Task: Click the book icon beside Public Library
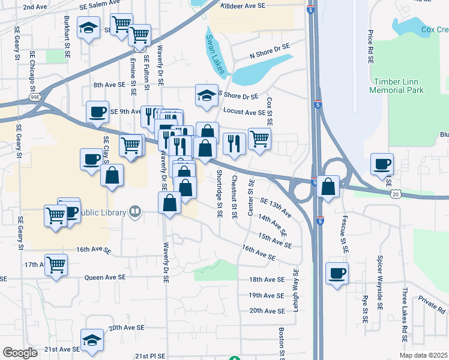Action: (135, 212)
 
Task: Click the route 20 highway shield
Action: (396, 194)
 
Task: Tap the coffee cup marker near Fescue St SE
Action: (337, 274)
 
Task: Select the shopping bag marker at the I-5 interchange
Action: (328, 186)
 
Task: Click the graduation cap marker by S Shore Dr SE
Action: (206, 95)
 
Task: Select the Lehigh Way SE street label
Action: (295, 289)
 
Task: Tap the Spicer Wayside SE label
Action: (379, 290)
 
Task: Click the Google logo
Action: (20, 353)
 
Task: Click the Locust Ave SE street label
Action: (244, 112)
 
